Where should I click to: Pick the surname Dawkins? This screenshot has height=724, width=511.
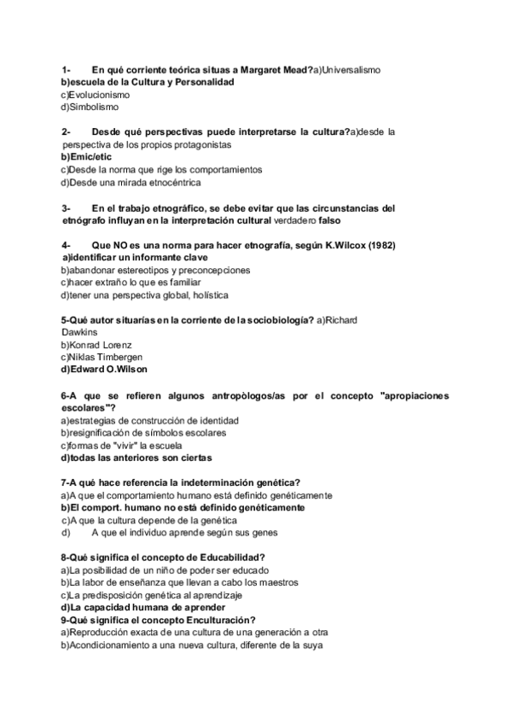pos(80,332)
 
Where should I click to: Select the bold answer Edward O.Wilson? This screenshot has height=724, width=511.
pos(103,369)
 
